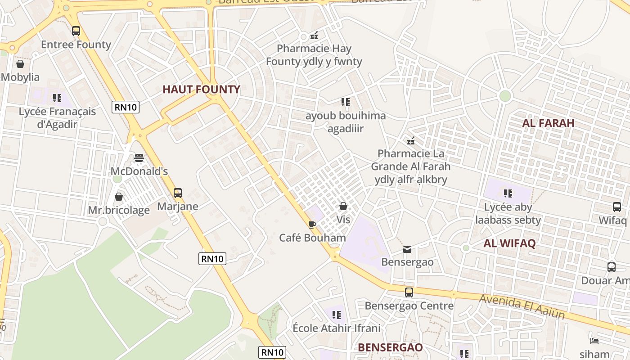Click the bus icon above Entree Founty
[x=76, y=31]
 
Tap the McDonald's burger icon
[x=139, y=158]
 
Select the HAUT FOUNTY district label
[x=201, y=90]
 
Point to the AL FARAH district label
[x=548, y=123]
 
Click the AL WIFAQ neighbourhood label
[x=509, y=243]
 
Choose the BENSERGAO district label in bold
[x=390, y=347]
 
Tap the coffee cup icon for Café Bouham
[x=312, y=224]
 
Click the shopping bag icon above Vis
[x=343, y=206]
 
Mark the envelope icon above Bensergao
[x=407, y=249]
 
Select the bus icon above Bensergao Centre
[x=409, y=292]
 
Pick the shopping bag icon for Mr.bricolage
[x=119, y=197]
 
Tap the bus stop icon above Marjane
[x=178, y=193]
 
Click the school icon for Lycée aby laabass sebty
[x=508, y=193]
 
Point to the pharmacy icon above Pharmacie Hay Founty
[x=314, y=35]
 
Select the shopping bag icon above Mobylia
[x=20, y=64]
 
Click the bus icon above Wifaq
[x=616, y=207]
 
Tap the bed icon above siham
[x=594, y=341]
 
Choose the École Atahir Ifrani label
[x=337, y=328]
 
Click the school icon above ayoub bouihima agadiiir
[x=345, y=102]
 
